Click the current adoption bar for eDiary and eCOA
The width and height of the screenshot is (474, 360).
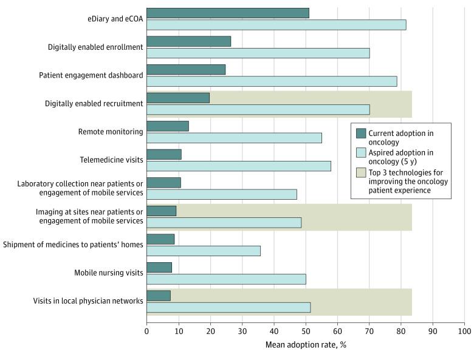227,13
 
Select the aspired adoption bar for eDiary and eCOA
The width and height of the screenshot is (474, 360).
276,25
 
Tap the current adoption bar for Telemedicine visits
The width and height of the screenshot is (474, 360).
164,154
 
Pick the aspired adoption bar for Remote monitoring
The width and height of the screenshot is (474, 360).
234,138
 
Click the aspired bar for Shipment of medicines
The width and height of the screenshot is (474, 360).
204,251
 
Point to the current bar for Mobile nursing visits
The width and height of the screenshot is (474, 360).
159,267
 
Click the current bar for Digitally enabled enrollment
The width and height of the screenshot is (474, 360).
188,41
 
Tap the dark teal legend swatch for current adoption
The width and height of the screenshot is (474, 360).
361,134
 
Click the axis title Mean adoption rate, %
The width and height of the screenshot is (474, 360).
306,345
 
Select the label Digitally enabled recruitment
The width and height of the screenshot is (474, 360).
94,104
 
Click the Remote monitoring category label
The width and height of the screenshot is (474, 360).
111,132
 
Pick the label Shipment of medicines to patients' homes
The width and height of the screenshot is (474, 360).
73,245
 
